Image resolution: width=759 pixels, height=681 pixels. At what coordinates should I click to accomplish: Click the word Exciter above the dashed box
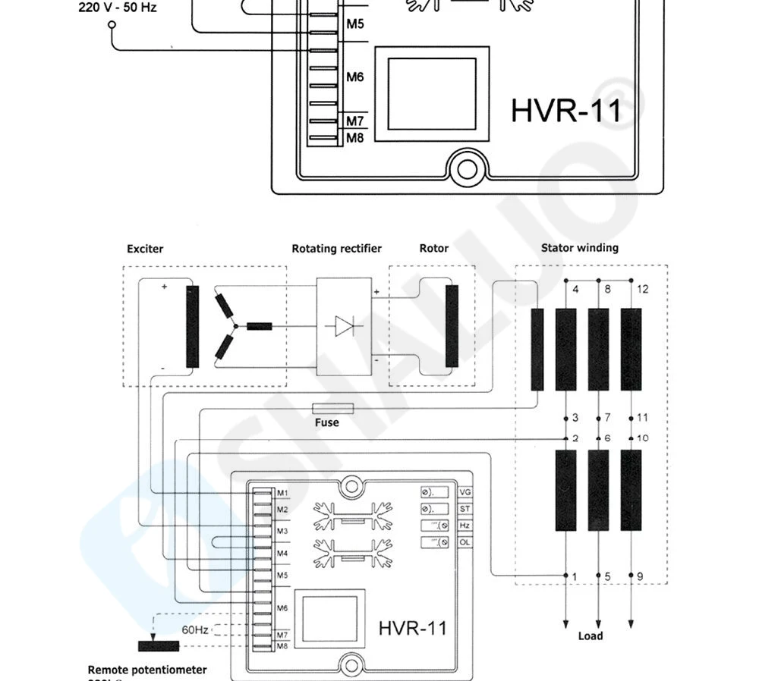tap(145, 249)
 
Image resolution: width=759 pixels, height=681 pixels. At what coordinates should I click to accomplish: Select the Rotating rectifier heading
tap(336, 249)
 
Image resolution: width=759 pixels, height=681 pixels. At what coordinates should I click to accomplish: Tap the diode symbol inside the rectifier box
tap(344, 326)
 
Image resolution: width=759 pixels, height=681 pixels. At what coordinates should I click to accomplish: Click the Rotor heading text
tap(433, 249)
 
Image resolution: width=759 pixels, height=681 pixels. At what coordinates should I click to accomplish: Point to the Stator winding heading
tap(579, 248)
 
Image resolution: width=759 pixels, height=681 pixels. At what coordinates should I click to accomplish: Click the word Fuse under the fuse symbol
tap(327, 422)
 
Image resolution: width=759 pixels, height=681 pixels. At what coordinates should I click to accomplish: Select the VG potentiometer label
tap(466, 492)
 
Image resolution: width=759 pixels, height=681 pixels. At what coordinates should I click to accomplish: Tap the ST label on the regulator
tap(466, 509)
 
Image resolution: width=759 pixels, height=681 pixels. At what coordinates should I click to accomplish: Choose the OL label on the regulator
tap(466, 542)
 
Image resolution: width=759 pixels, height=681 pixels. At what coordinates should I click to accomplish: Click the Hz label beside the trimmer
tap(466, 526)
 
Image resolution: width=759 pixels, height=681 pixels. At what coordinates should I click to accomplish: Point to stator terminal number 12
tap(643, 289)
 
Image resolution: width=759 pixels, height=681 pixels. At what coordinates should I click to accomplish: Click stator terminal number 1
tap(575, 577)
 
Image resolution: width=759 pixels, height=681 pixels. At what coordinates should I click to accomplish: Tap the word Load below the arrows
tap(590, 635)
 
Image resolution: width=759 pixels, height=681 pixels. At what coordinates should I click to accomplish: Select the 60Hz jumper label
tap(195, 629)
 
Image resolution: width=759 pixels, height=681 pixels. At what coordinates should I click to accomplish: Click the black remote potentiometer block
tap(159, 646)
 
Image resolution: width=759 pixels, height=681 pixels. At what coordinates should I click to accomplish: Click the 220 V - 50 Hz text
tap(118, 9)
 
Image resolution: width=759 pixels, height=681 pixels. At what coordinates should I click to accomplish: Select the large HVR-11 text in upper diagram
tap(566, 110)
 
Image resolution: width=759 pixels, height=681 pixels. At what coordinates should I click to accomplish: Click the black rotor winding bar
tap(452, 325)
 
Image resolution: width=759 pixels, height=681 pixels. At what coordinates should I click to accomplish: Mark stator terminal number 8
tap(607, 289)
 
